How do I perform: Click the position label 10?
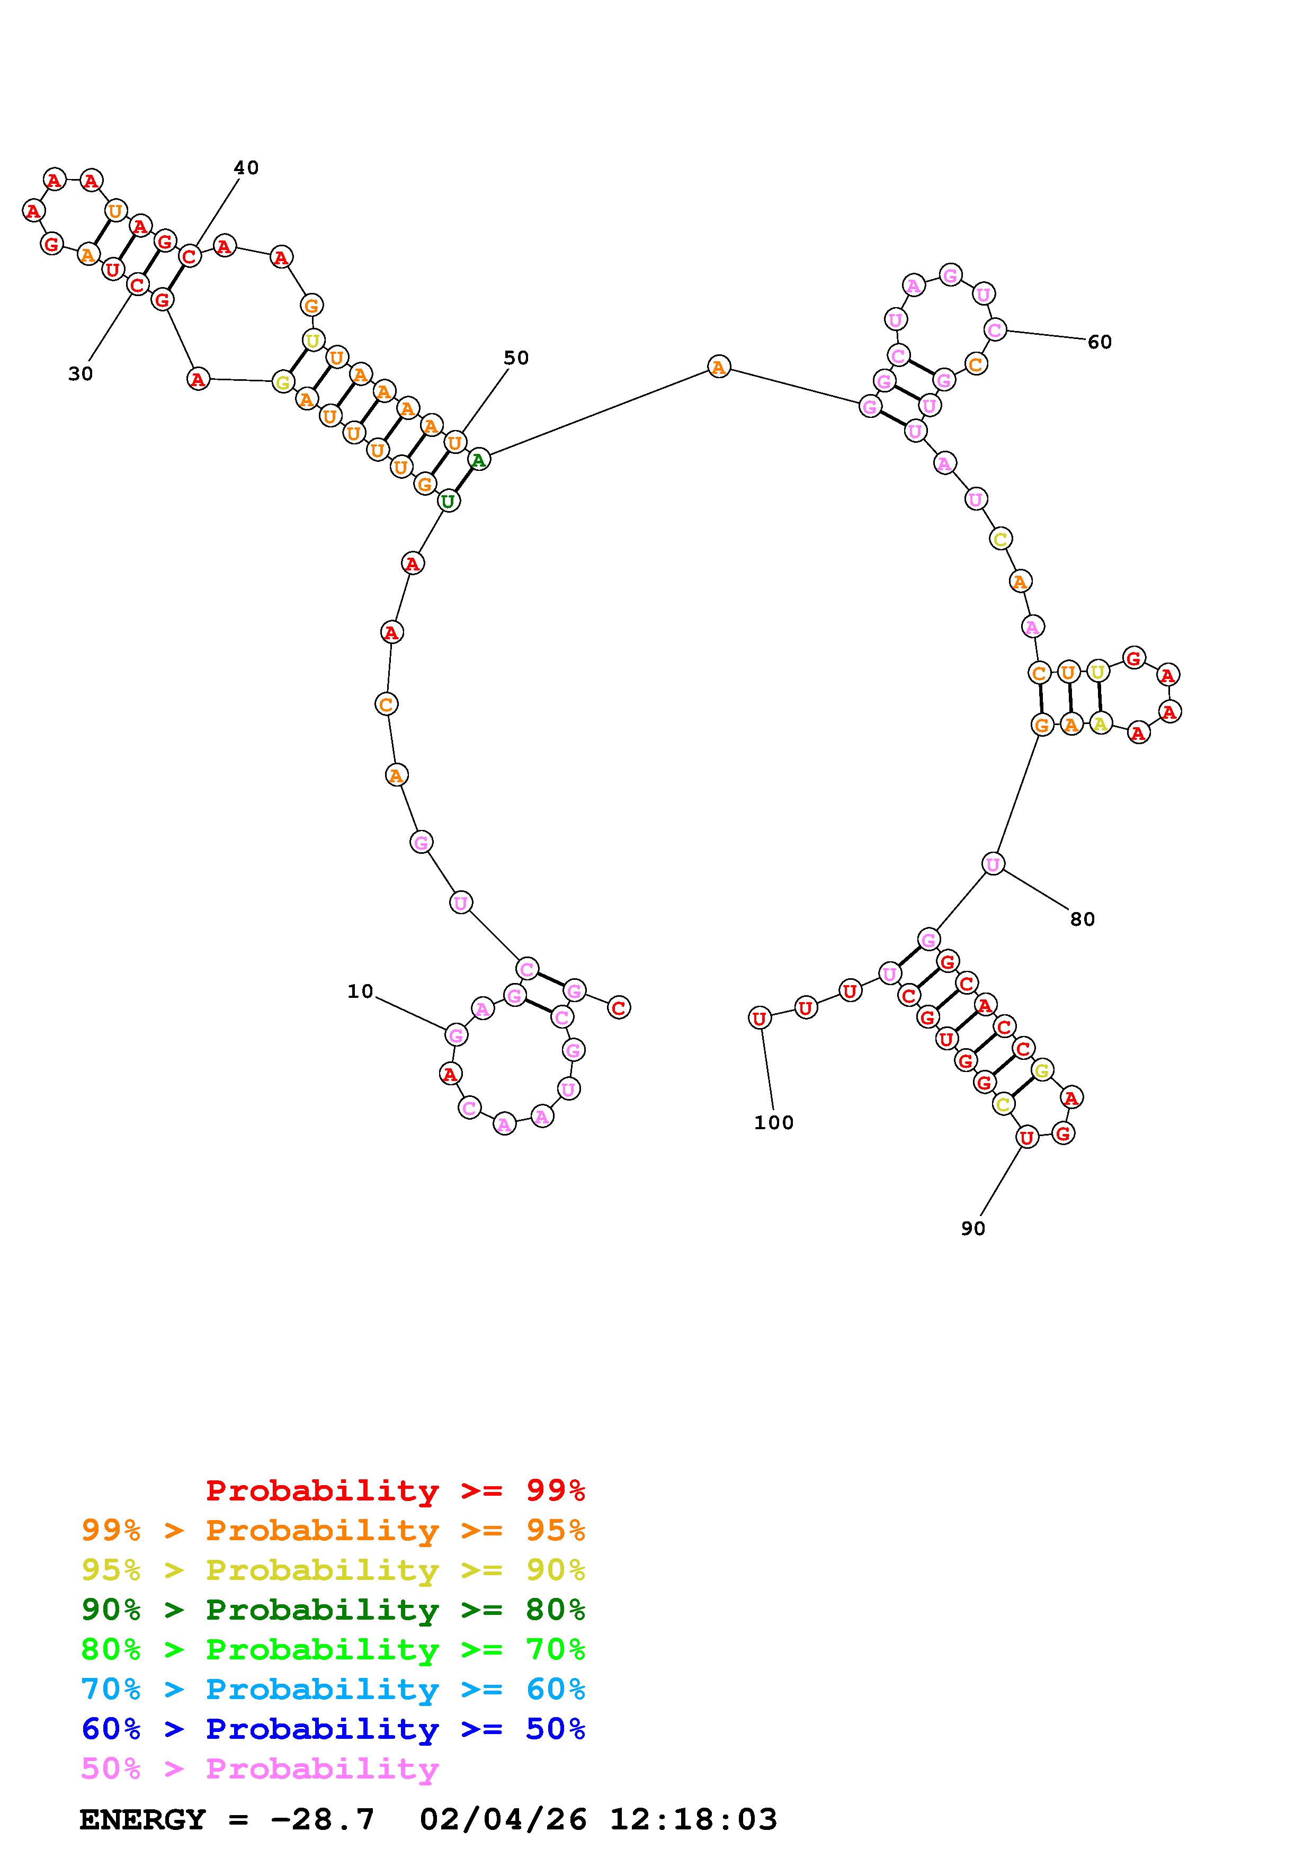click(360, 991)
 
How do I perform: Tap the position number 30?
click(80, 374)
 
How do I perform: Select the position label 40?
click(246, 167)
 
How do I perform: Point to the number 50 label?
click(516, 358)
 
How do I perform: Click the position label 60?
click(1100, 342)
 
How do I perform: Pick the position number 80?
click(1083, 919)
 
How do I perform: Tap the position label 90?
click(973, 1228)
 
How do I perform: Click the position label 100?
click(774, 1122)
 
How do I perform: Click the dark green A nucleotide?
click(479, 460)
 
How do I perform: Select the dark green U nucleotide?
click(448, 501)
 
